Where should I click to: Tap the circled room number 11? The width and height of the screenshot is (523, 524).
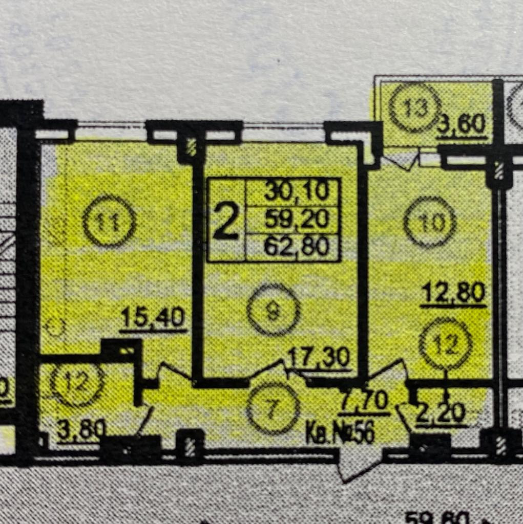[109, 221]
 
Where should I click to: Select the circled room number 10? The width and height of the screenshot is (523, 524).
[430, 222]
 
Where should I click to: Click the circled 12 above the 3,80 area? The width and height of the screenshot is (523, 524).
[78, 382]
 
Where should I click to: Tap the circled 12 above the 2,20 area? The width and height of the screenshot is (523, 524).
[445, 344]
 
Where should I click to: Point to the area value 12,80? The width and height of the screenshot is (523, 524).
[453, 293]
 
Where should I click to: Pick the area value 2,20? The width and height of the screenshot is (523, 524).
[441, 412]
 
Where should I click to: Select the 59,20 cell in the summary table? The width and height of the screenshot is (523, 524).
[296, 220]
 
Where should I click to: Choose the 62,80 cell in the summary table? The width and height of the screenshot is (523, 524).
[296, 248]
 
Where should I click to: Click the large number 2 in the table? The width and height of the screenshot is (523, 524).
[225, 220]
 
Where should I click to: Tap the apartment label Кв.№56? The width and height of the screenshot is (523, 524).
[340, 433]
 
